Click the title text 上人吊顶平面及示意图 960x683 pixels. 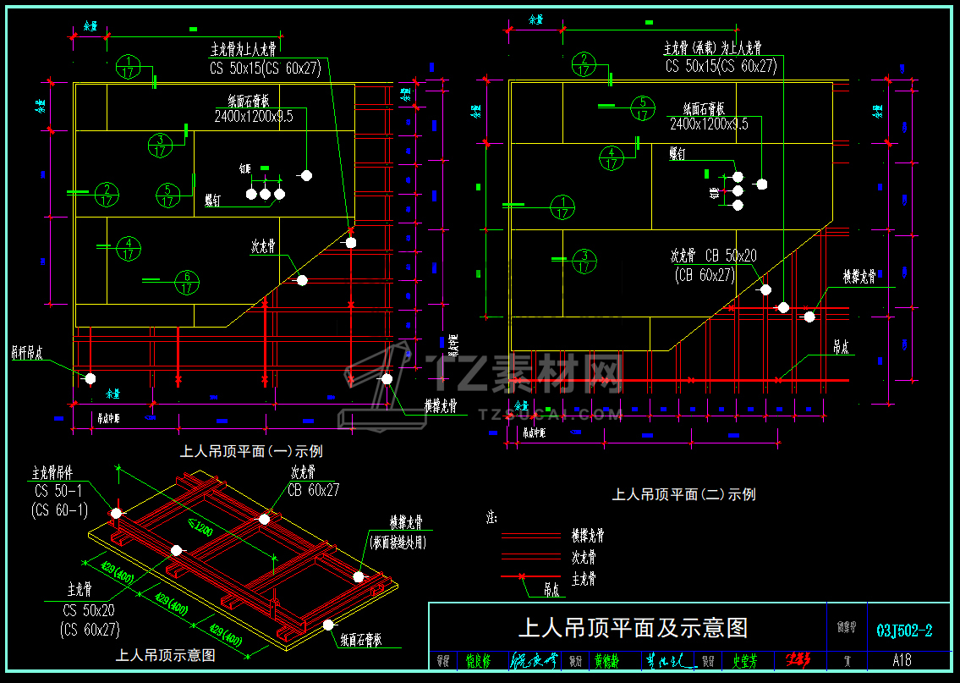pos(633,628)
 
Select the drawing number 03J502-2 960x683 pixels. pos(904,631)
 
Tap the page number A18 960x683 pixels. pos(901,660)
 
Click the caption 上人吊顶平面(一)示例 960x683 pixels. pos(251,452)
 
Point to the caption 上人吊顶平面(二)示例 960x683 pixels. pos(683,494)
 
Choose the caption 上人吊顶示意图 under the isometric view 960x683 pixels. pos(165,655)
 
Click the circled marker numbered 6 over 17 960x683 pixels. pos(187,281)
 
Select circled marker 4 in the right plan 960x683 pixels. pos(612,159)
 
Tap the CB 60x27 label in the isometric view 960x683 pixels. pos(313,490)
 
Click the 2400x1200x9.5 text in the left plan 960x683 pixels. pos(254,117)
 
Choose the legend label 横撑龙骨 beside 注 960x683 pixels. pos(583,536)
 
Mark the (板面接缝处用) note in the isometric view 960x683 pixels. pos(397,543)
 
